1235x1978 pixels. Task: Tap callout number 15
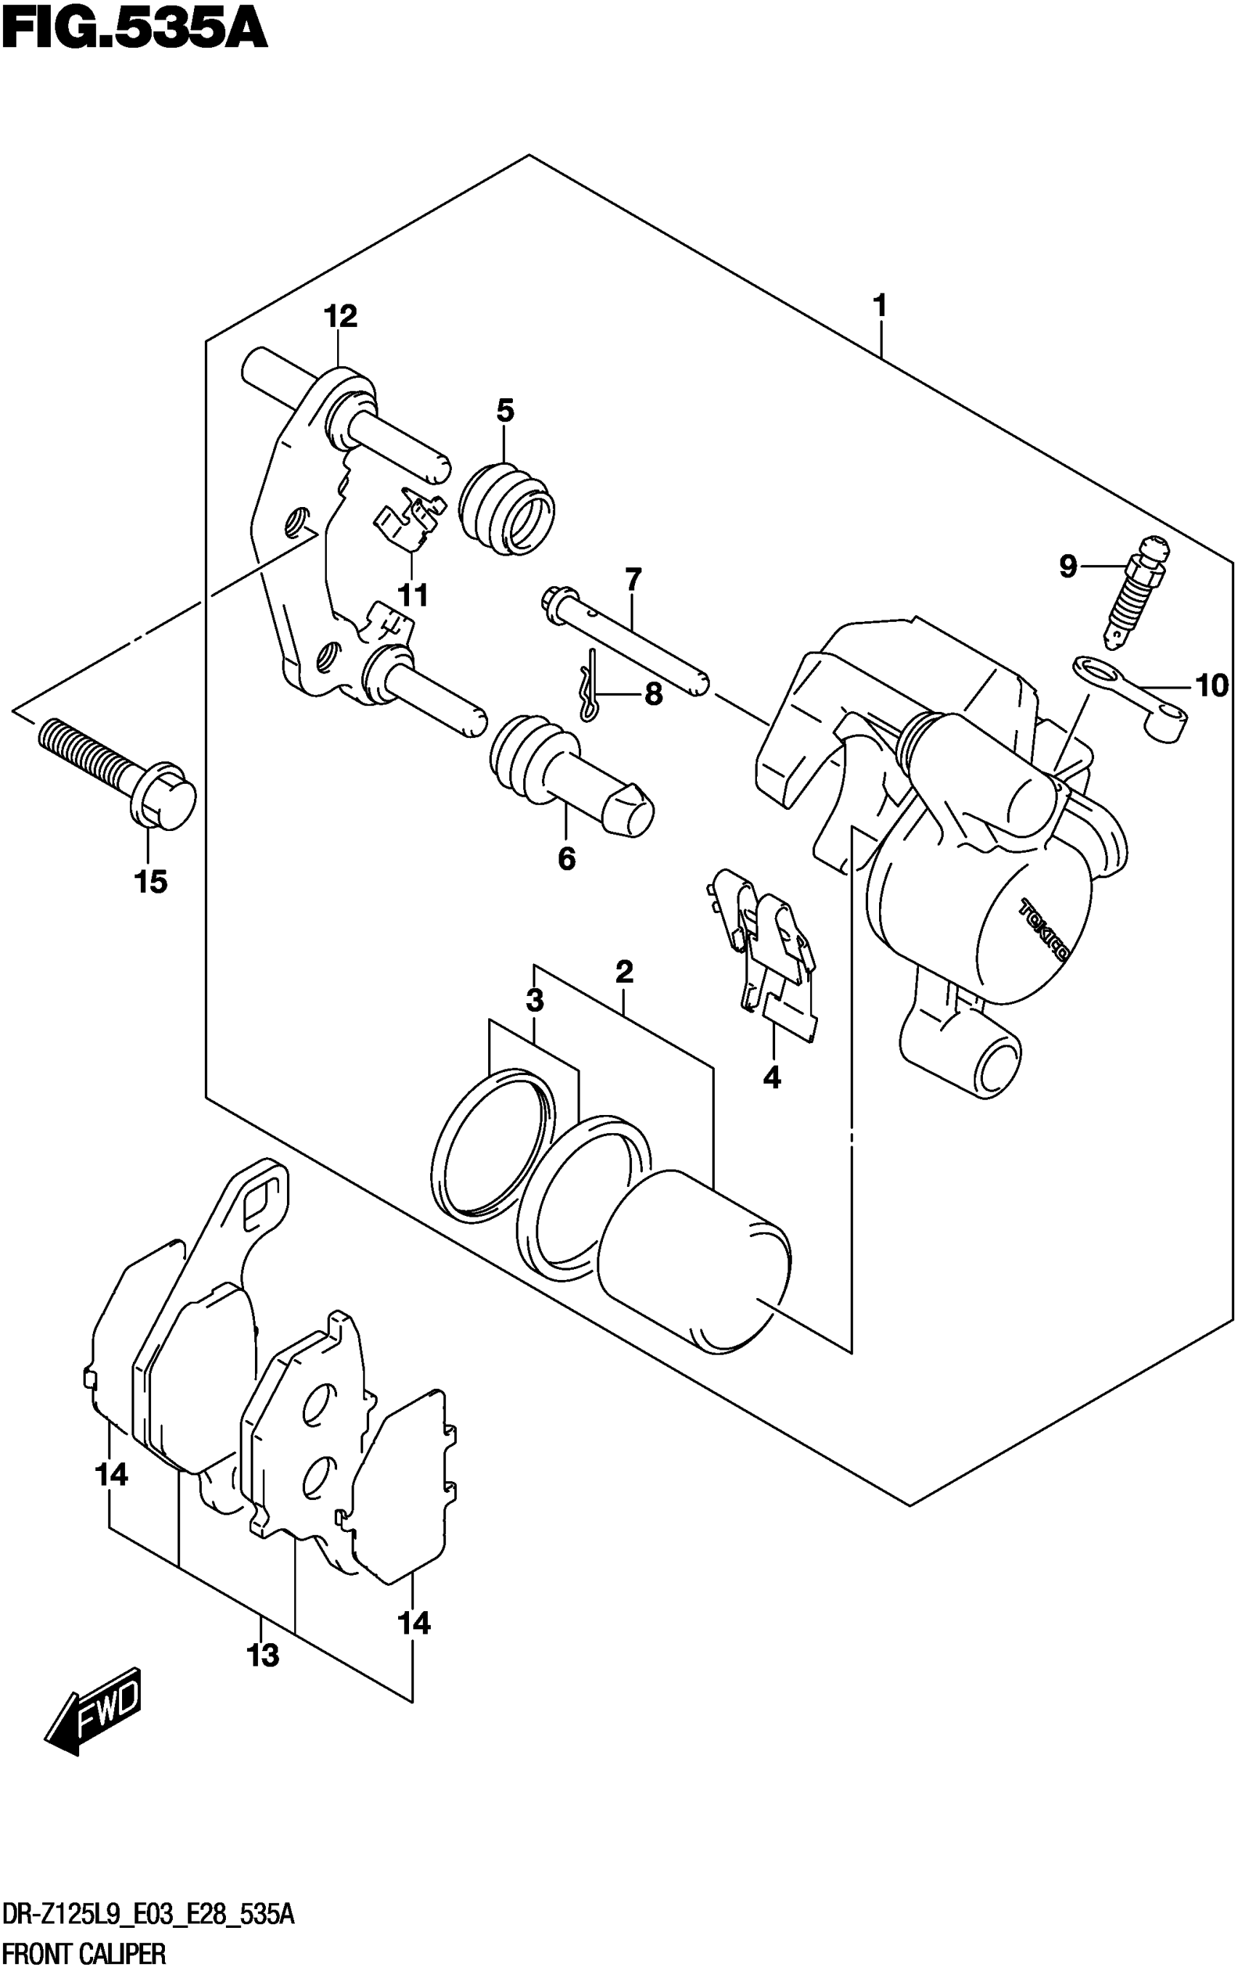151,882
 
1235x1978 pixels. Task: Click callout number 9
1068,566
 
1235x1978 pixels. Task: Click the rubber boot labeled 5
506,510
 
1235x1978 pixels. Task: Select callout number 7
633,580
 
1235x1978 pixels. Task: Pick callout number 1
880,307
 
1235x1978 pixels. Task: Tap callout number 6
567,859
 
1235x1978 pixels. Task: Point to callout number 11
413,596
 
